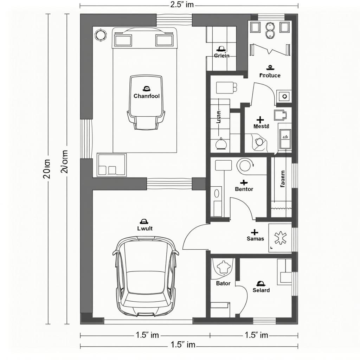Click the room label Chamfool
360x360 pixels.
146,96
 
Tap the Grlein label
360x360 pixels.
221,56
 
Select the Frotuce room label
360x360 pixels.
270,75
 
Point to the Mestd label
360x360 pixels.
261,126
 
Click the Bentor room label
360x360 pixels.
244,189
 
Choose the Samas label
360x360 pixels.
255,239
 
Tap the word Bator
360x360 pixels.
223,283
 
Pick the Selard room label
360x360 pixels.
261,290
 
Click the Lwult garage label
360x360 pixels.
144,228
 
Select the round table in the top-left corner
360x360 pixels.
101,34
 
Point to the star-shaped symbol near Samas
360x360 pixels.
280,238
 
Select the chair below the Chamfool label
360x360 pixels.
146,120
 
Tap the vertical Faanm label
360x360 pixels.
283,179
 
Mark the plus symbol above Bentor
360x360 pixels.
243,182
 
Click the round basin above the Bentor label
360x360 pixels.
245,165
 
